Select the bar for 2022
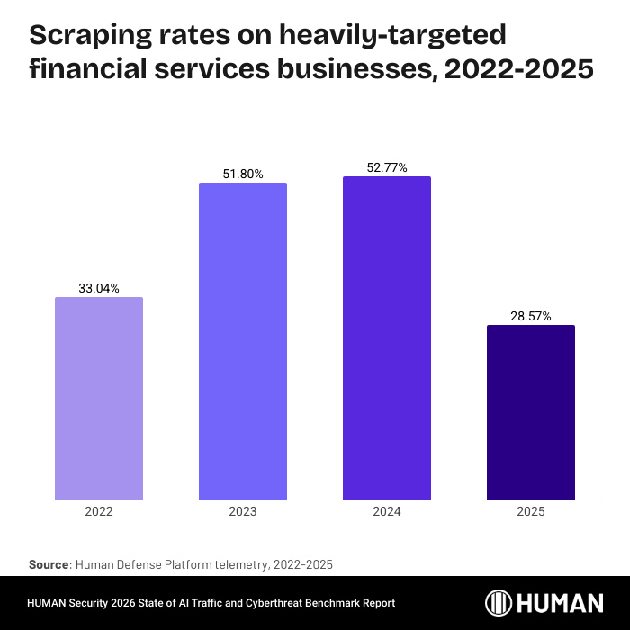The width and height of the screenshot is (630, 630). tap(99, 398)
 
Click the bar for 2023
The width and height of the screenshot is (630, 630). tap(243, 341)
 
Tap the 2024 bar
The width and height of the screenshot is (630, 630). tap(387, 337)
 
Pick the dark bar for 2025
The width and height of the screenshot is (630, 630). tap(531, 412)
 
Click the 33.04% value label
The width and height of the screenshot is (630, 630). tap(99, 288)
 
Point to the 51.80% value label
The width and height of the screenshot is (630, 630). tap(243, 174)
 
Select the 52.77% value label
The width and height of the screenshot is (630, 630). tap(387, 167)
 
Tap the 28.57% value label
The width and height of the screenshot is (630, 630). tap(531, 316)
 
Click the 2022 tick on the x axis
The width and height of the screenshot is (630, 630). tap(99, 511)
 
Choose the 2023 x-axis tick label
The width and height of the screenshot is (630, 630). tap(243, 511)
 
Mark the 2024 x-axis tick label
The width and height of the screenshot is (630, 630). tap(387, 511)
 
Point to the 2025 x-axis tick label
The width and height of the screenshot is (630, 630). tap(531, 511)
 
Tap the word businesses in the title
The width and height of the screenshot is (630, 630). tap(346, 68)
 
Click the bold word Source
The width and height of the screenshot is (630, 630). tap(49, 564)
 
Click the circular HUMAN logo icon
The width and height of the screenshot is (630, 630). tap(499, 603)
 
